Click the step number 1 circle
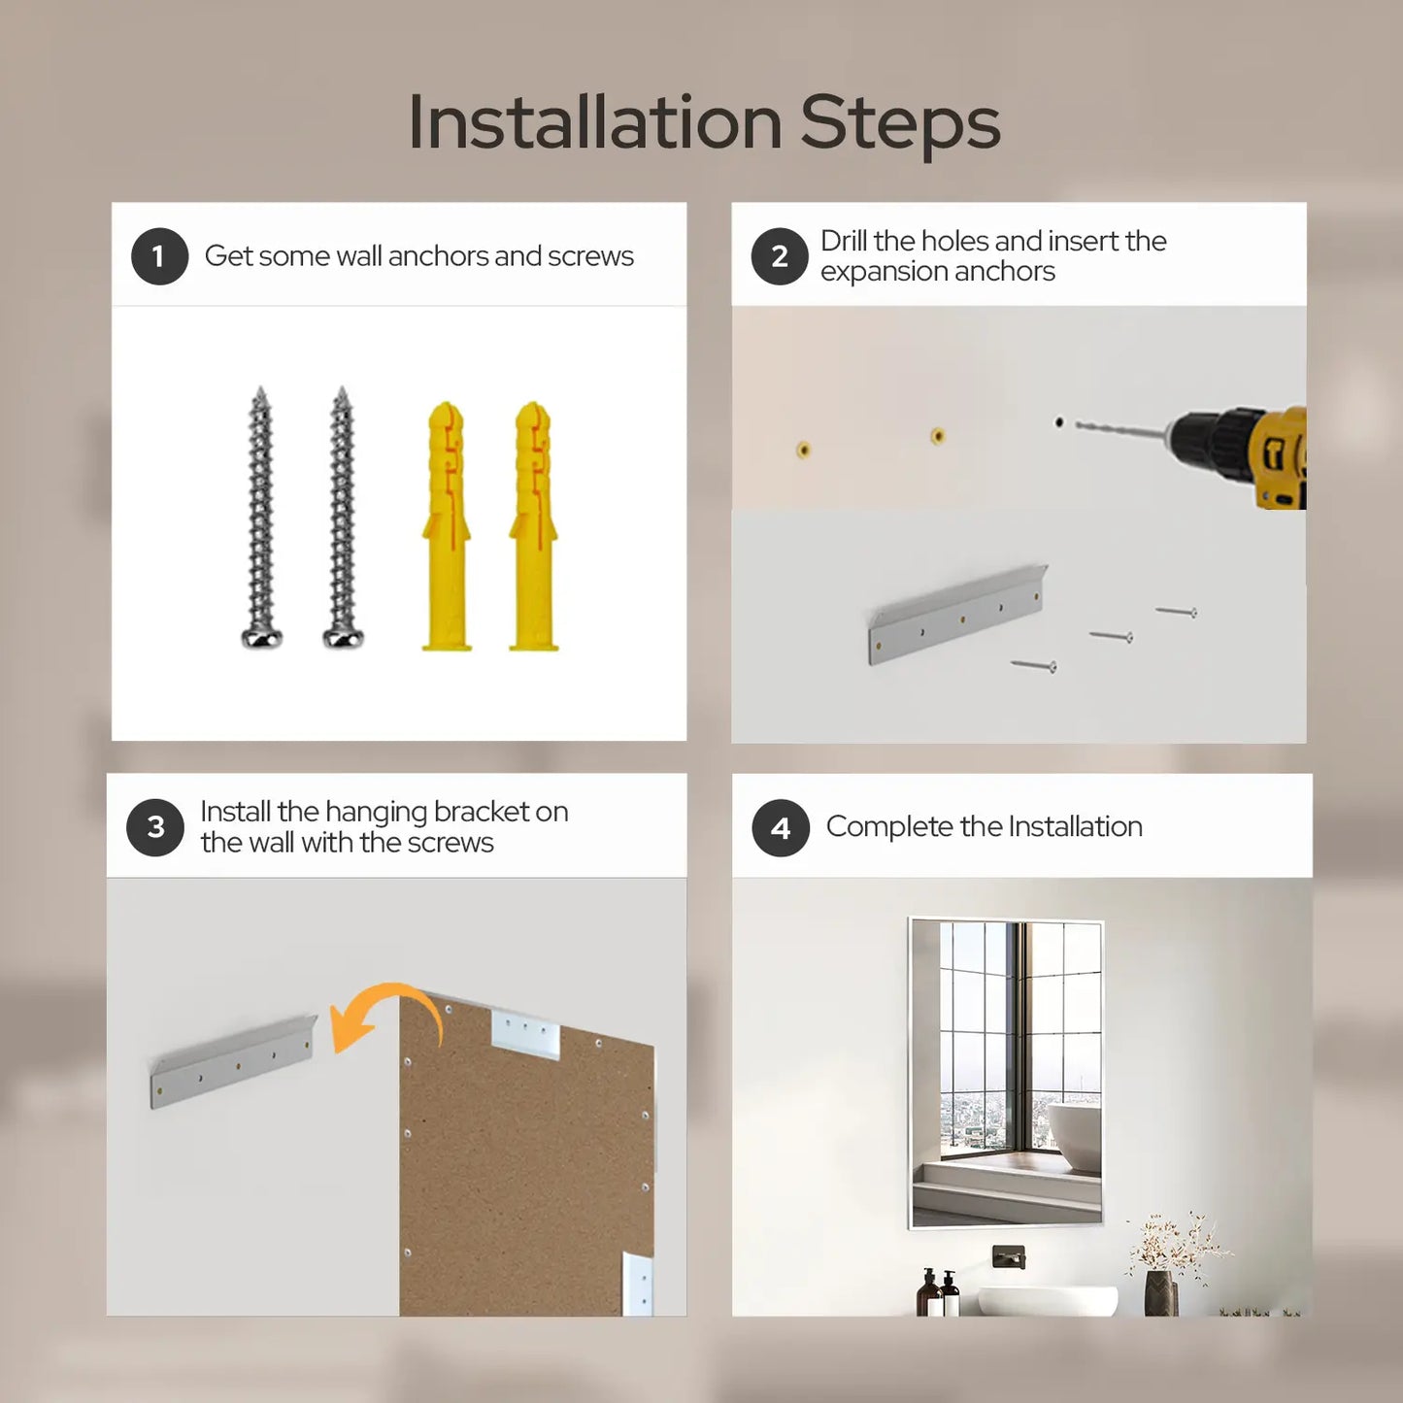point(159,256)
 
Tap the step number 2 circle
point(779,256)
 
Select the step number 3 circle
point(155,827)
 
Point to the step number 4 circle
point(781,828)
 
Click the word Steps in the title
point(900,123)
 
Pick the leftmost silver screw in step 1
point(261,517)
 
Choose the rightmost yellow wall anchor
point(534,525)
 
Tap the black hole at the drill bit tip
point(1058,422)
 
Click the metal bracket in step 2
point(957,616)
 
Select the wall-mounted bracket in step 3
point(234,1061)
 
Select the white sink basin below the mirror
point(1047,1300)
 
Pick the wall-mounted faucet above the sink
point(1009,1256)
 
